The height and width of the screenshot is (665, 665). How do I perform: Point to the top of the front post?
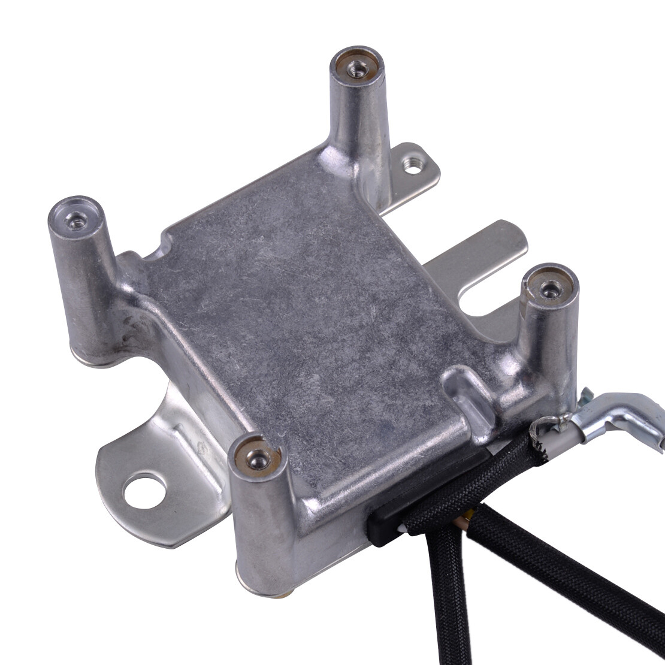point(258,458)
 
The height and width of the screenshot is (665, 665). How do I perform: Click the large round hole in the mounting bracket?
point(143,491)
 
